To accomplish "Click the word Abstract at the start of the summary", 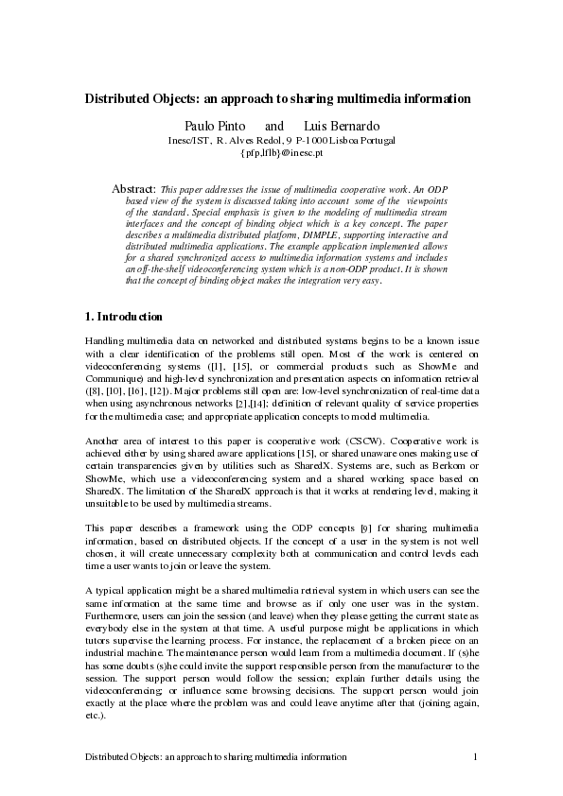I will tap(133, 189).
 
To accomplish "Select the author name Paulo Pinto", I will tap(213, 126).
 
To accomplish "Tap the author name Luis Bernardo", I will tap(342, 126).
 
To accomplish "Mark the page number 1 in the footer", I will tap(475, 757).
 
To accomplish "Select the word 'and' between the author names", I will tap(274, 126).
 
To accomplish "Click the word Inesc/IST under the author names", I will tap(189, 140).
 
